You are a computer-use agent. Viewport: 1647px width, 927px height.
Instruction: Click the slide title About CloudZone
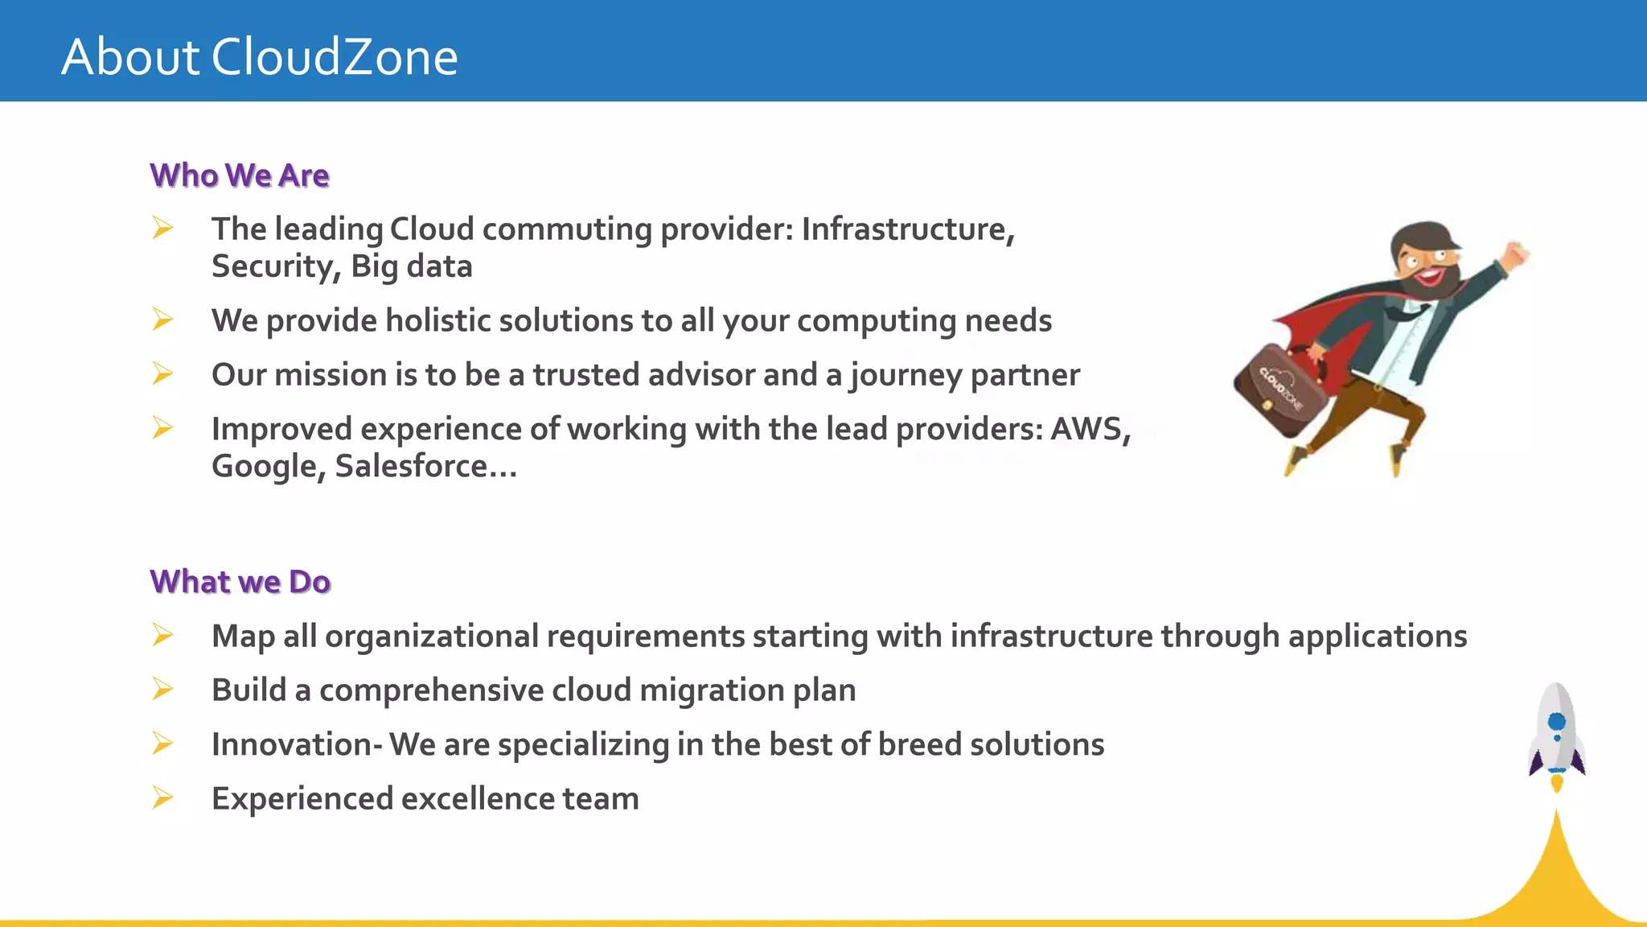(259, 57)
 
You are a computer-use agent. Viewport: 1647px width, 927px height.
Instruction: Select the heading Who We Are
(240, 175)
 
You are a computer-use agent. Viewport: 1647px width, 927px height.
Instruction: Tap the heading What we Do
(240, 582)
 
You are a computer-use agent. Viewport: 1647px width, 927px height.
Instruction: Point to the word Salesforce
(411, 467)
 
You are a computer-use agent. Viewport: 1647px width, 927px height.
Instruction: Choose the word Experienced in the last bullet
(302, 799)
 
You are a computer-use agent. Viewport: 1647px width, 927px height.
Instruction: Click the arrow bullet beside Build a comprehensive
(162, 690)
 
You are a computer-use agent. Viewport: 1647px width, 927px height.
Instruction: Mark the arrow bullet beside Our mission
(162, 374)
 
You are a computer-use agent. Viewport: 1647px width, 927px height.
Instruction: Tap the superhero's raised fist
(1517, 255)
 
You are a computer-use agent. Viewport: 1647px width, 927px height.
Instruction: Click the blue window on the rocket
(1557, 721)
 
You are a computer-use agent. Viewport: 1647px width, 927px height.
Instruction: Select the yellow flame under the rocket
(1557, 783)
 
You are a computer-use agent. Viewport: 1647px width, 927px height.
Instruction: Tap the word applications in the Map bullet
(1377, 637)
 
